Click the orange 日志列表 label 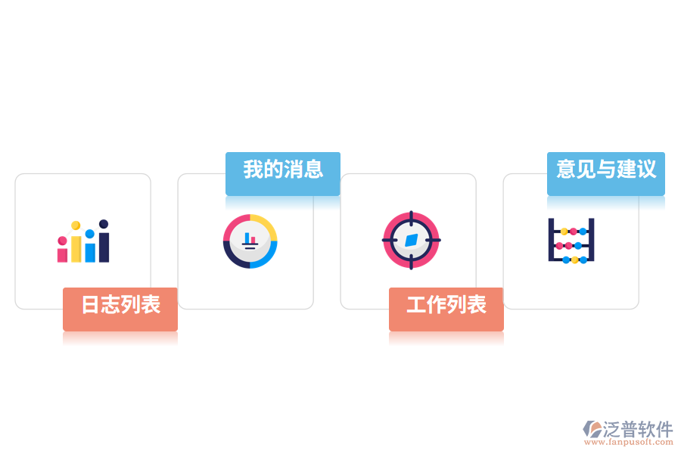[120, 309]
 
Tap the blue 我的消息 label [283, 173]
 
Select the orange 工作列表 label [446, 309]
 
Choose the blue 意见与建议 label [606, 173]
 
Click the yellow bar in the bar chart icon [76, 249]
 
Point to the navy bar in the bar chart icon [104, 247]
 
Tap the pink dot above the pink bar [63, 241]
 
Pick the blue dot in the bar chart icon [90, 234]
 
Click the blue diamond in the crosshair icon [412, 241]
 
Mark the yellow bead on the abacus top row [564, 232]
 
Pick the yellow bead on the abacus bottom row [574, 260]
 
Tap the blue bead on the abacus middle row [578, 246]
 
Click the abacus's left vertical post [551, 240]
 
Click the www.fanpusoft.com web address [629, 442]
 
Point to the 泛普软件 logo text [638, 429]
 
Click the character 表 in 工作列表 [477, 304]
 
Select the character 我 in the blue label [253, 169]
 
